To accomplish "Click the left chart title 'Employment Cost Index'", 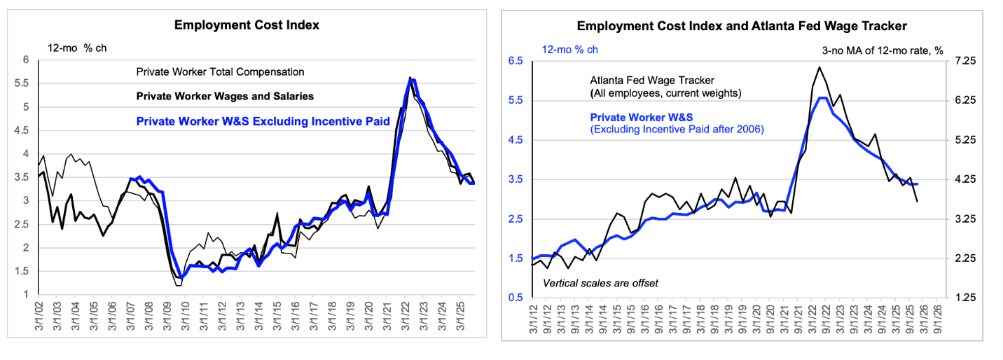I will coord(247,25).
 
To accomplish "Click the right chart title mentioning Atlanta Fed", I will coord(742,26).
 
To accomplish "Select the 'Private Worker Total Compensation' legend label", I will coord(220,71).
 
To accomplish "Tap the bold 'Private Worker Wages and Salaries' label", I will coord(225,96).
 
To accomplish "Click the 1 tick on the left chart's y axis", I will coord(28,294).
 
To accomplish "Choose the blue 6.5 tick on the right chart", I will coord(516,61).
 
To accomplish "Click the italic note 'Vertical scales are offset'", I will coord(601,283).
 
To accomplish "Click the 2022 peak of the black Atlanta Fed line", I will coord(819,67).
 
